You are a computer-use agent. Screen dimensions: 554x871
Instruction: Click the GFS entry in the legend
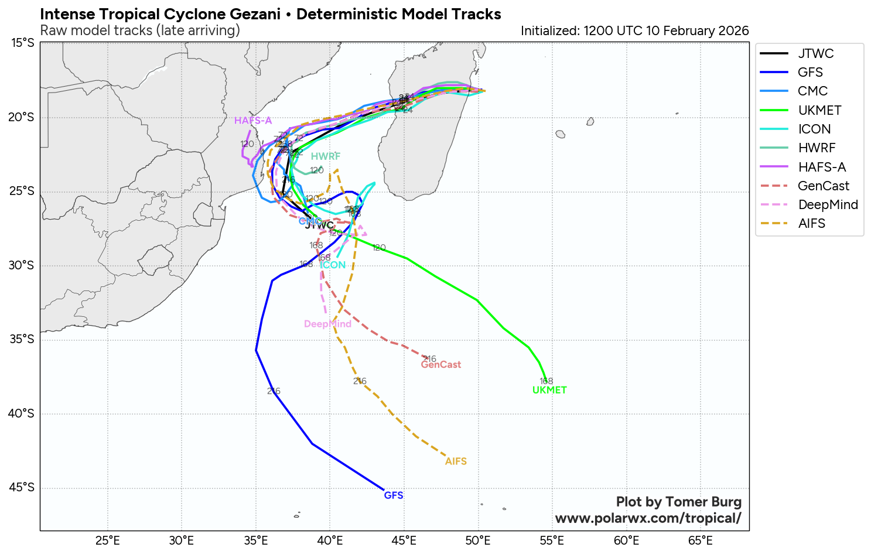[810, 73]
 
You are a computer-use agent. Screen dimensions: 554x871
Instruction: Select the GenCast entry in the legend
[823, 186]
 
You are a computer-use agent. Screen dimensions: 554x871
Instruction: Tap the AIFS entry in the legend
[811, 224]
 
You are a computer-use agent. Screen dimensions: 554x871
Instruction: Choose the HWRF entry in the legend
[817, 148]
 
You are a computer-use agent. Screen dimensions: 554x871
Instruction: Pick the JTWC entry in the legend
[815, 54]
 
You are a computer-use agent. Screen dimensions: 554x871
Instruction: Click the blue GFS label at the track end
[394, 495]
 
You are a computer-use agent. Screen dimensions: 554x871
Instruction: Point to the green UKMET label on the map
[549, 390]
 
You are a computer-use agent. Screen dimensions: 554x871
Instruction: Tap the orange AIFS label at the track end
[456, 461]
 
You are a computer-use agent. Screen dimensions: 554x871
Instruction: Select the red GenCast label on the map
[441, 365]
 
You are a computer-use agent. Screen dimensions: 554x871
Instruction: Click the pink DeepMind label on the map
[327, 324]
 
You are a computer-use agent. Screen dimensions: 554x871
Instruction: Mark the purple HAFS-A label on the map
[253, 121]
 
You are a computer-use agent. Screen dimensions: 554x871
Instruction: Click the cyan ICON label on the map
[333, 265]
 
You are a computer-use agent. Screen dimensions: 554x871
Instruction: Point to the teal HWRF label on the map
[326, 156]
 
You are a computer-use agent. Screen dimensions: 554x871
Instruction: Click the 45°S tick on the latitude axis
[23, 488]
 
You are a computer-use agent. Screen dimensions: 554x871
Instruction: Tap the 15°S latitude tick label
[23, 43]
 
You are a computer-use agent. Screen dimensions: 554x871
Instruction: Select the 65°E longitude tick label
[700, 540]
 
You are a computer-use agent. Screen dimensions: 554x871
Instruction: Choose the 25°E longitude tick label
[108, 540]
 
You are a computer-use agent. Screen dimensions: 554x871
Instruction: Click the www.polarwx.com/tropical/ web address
[648, 518]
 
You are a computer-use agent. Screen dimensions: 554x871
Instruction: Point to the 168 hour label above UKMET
[546, 381]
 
